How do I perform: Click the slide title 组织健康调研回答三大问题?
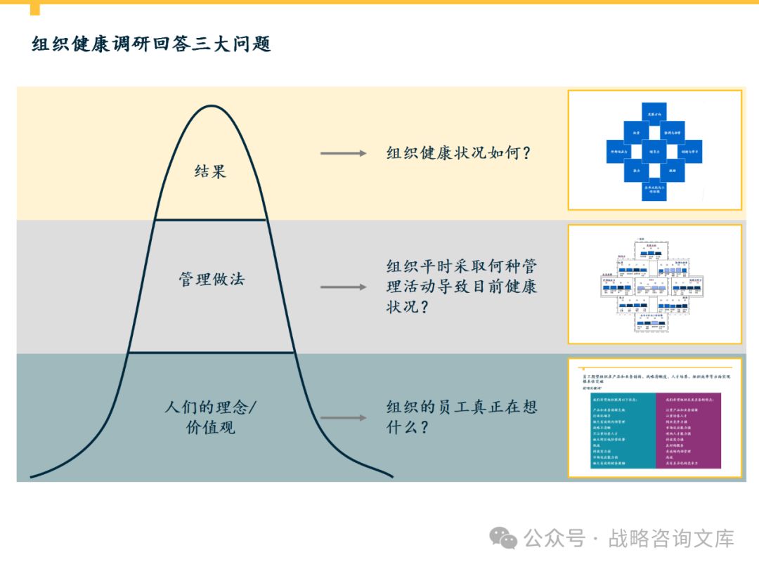tap(151, 44)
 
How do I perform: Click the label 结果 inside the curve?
tap(210, 171)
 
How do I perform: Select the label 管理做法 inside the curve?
tap(211, 279)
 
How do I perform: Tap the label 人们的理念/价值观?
tap(211, 417)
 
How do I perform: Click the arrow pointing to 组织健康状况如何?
tap(343, 153)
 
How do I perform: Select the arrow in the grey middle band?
tap(343, 287)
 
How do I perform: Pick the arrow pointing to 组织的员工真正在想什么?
tap(343, 418)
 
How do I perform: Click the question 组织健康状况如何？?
tap(458, 152)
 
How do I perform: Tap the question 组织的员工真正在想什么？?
tap(462, 417)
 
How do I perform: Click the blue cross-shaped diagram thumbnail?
tap(654, 150)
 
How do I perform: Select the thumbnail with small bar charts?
tap(654, 284)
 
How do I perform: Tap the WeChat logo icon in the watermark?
tap(503, 538)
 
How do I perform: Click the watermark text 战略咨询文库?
tap(671, 539)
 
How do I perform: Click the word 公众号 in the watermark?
tap(554, 539)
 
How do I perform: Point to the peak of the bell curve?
tap(210, 107)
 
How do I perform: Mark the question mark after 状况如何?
tap(525, 153)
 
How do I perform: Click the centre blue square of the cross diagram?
tap(654, 151)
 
